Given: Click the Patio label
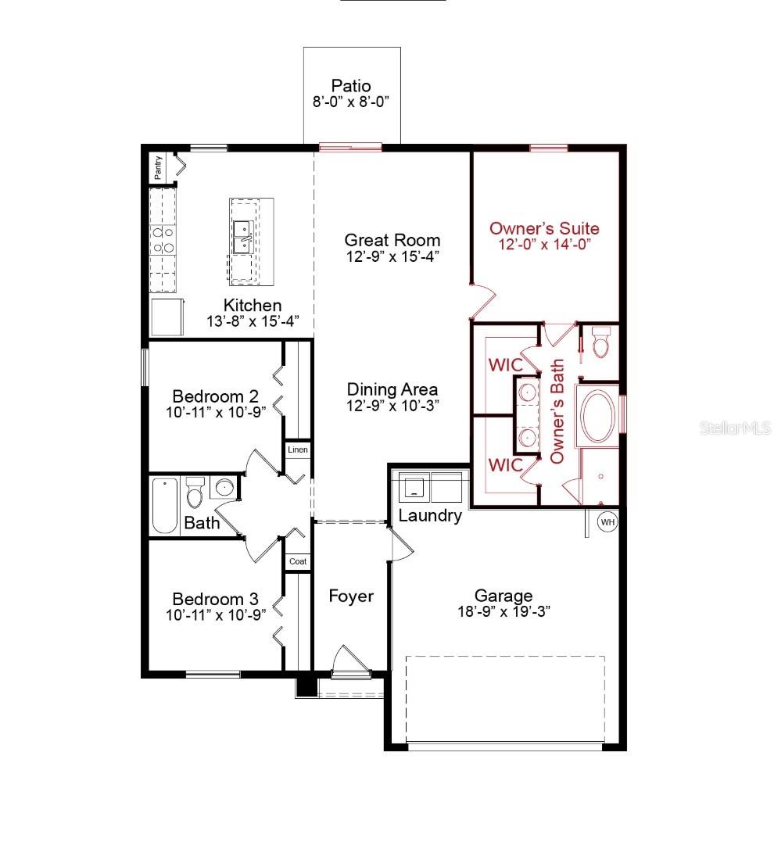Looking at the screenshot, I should pyautogui.click(x=350, y=85).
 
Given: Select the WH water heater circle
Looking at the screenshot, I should pyautogui.click(x=607, y=521).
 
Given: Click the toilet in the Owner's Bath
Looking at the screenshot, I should pyautogui.click(x=600, y=342).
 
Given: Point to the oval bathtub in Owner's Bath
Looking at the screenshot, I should pyautogui.click(x=598, y=416).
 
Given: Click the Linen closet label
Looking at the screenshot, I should pyautogui.click(x=297, y=449).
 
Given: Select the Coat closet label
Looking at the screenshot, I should pyautogui.click(x=297, y=561).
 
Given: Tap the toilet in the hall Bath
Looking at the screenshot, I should pyautogui.click(x=195, y=492).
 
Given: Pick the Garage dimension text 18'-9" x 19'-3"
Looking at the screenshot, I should pyautogui.click(x=504, y=612).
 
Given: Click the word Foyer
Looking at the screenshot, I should pyautogui.click(x=350, y=596).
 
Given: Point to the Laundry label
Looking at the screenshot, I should pyautogui.click(x=429, y=516).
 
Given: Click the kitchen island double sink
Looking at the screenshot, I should pyautogui.click(x=241, y=236).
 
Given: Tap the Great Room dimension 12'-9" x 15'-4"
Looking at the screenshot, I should pyautogui.click(x=392, y=256).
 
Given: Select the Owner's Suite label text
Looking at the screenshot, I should pyautogui.click(x=544, y=228).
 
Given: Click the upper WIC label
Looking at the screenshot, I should pyautogui.click(x=504, y=365).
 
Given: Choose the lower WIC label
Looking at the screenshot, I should pyautogui.click(x=504, y=464).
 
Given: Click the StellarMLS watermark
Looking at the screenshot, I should pyautogui.click(x=735, y=428).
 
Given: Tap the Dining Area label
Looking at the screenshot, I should pyautogui.click(x=392, y=389).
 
